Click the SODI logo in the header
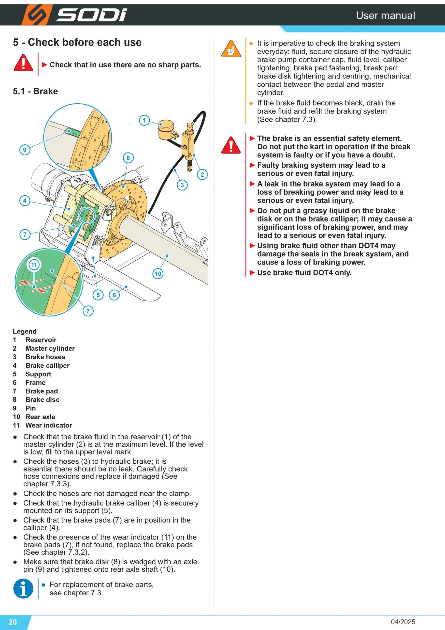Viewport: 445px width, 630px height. click(74, 15)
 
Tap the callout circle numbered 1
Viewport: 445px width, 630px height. click(144, 120)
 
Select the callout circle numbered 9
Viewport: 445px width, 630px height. click(25, 150)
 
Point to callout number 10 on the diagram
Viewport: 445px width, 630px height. click(158, 274)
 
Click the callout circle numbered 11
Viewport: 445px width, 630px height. click(34, 265)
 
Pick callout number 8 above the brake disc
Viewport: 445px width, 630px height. click(128, 158)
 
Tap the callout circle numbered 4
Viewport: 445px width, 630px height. click(25, 201)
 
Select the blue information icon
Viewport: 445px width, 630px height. click(23, 589)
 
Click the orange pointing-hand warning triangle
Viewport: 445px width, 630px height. click(231, 49)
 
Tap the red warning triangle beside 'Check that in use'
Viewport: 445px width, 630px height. click(23, 63)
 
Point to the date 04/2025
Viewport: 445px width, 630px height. click(403, 622)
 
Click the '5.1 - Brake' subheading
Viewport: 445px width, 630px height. click(35, 91)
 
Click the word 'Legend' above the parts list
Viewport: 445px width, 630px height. click(25, 331)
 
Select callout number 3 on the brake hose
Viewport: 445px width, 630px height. click(182, 185)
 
